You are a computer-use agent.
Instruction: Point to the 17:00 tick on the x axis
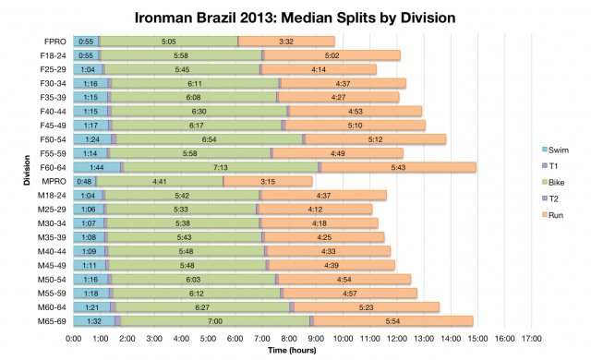(530, 338)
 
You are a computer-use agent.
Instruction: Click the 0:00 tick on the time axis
(74, 338)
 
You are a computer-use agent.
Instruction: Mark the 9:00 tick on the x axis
(316, 338)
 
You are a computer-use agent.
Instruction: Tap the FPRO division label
(54, 42)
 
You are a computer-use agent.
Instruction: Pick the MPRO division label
(54, 181)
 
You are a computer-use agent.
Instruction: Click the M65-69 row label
(52, 320)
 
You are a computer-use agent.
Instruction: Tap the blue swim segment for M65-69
(94, 320)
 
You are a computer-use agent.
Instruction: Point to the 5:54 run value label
(393, 320)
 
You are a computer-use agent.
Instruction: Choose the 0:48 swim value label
(84, 181)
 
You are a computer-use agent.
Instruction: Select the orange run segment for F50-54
(375, 138)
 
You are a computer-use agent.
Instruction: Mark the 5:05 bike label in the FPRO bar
(168, 42)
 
